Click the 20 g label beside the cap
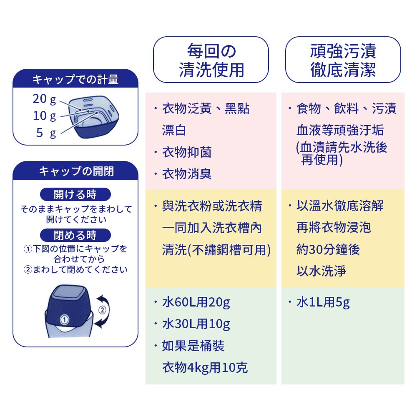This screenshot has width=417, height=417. pos(45,99)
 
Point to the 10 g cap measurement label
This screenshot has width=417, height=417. pos(45,116)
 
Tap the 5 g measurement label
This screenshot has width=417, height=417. pos(46,133)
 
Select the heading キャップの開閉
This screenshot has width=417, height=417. pos(76,171)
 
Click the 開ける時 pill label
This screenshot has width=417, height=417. pos(75,194)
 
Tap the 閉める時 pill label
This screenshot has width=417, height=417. pos(75,235)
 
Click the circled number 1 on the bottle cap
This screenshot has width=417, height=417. pos(64,319)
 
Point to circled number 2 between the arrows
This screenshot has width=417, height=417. pos(103,310)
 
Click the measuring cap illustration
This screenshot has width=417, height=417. pos(93,117)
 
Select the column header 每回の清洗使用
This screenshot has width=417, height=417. pos(211,60)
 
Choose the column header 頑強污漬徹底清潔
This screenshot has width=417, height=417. pos(343,60)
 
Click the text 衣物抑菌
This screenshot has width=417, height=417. pos(187,152)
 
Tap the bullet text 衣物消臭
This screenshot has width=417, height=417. pos(187,174)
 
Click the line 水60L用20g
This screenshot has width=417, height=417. pos(196,302)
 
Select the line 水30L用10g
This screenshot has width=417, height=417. pos(196,324)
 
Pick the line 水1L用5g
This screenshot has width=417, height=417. pos(323,302)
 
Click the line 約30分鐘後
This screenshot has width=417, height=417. pos(328,249)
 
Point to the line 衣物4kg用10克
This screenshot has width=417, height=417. pos(205,368)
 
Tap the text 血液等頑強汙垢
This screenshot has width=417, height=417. pos(340,130)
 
